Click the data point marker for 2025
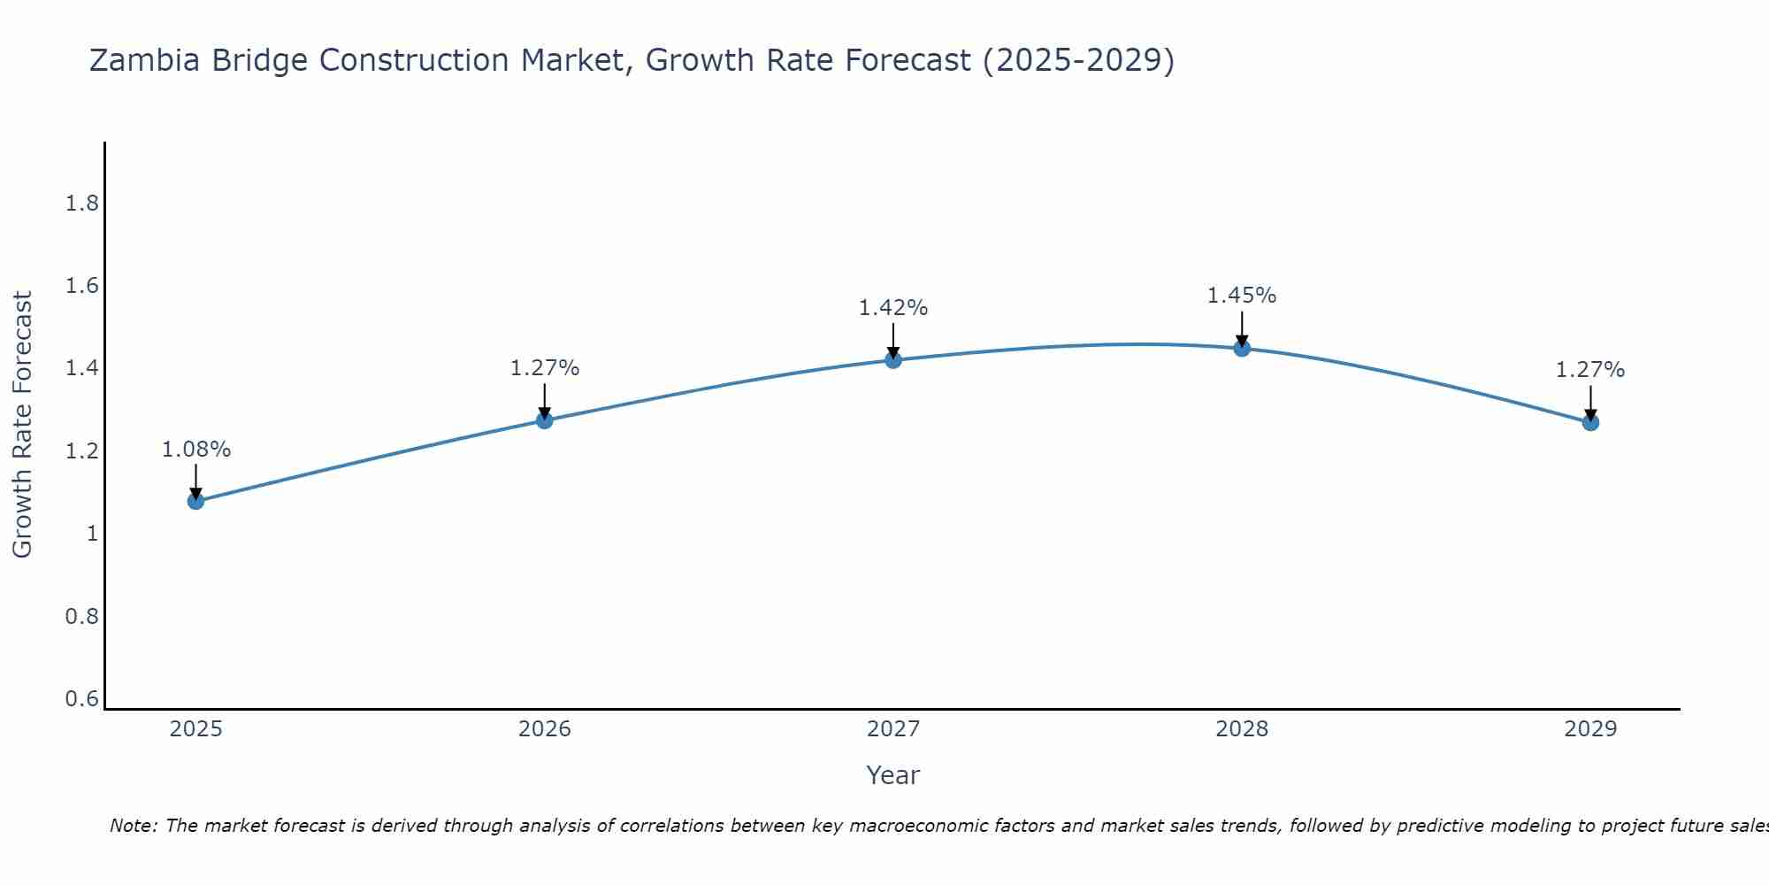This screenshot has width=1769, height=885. coord(195,501)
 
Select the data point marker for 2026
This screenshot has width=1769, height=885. coord(544,420)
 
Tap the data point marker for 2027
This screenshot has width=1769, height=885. coord(892,359)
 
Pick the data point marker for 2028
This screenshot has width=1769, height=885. coord(1241,348)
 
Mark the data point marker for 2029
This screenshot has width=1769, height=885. coord(1589,422)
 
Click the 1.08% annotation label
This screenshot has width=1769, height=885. coord(195,450)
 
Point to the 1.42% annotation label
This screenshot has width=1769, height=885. coord(892,308)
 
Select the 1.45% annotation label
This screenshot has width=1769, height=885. coord(1241,296)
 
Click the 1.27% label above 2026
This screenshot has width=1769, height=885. coord(544,368)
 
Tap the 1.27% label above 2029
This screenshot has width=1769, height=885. coord(1589,370)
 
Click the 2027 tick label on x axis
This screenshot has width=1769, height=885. coord(892,729)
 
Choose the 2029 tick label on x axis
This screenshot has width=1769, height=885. coord(1589,729)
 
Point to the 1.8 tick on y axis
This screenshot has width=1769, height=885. coord(81,204)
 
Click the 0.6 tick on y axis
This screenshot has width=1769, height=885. coord(81,699)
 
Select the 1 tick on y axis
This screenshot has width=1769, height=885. coord(92,534)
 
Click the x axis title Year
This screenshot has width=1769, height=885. coord(892,775)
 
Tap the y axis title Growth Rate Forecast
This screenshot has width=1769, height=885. coord(22,425)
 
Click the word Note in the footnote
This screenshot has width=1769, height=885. coord(132,826)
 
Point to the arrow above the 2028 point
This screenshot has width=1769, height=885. coord(1241,328)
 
